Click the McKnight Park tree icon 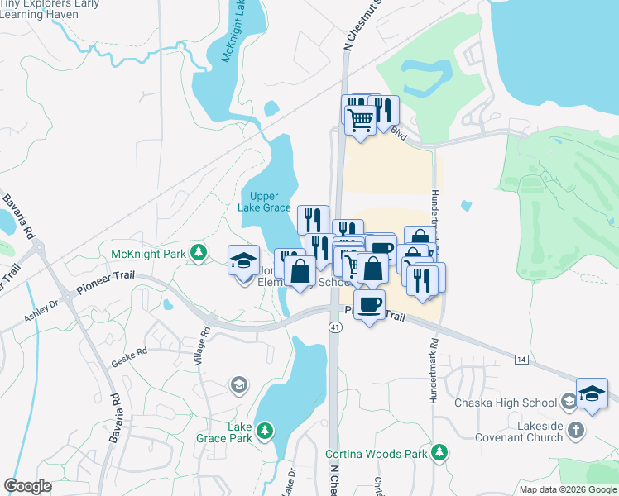[198, 253]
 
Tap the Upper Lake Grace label [265, 202]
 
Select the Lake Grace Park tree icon [264, 431]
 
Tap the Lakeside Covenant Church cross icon [576, 431]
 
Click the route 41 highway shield [334, 327]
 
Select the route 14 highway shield [520, 360]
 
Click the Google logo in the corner [27, 485]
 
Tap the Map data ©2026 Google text [567, 489]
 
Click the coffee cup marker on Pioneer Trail [369, 305]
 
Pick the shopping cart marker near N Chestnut [360, 121]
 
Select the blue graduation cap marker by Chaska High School [592, 393]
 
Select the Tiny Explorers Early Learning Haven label [50, 10]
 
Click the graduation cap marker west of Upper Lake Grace [244, 261]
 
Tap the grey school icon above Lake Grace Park [238, 384]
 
